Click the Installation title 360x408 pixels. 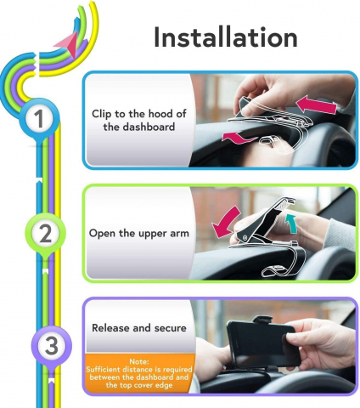point(226,37)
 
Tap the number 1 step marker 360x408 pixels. point(39,118)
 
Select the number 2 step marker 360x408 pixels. point(46,234)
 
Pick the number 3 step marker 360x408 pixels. point(52,345)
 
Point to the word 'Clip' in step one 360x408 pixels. point(101,114)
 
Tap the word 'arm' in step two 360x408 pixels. point(179,234)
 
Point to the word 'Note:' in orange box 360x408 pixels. point(139,361)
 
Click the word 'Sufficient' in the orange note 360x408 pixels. point(104,370)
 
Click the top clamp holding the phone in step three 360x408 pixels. point(262,320)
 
